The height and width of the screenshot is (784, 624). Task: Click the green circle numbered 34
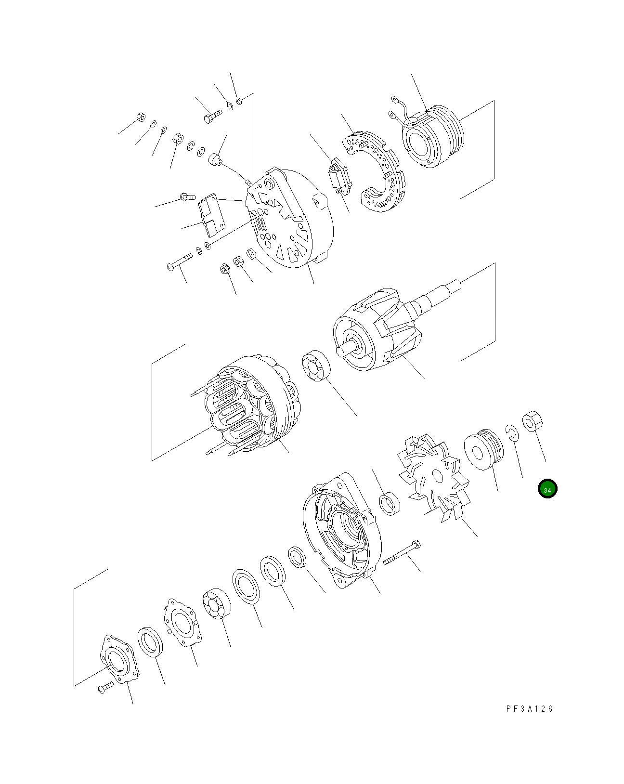click(547, 489)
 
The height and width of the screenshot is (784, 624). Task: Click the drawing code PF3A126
click(529, 709)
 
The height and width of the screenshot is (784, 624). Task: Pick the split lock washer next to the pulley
click(511, 432)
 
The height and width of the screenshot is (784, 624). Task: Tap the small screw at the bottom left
click(105, 687)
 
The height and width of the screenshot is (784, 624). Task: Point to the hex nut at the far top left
click(141, 117)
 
